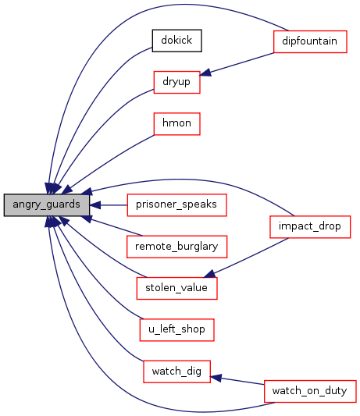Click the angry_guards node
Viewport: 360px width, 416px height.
(x=47, y=204)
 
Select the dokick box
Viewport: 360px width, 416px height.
(x=176, y=41)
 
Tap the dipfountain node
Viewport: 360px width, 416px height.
(x=310, y=41)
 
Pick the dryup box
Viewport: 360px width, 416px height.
(x=176, y=82)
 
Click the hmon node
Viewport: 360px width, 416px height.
(x=176, y=124)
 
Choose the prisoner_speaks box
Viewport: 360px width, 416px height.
(x=176, y=205)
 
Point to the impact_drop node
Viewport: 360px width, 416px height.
(x=310, y=227)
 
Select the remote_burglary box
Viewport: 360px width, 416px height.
(x=176, y=247)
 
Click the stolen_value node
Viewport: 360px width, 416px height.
(x=176, y=288)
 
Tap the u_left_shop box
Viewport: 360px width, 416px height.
(x=176, y=330)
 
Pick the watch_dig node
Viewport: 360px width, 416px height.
(x=176, y=372)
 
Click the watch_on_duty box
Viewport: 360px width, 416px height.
(x=310, y=391)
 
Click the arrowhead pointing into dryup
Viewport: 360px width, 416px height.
(x=205, y=73)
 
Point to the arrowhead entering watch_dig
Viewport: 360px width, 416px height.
(x=216, y=378)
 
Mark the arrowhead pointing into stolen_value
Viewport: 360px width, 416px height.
(x=210, y=274)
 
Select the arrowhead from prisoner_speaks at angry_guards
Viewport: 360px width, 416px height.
(x=95, y=205)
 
